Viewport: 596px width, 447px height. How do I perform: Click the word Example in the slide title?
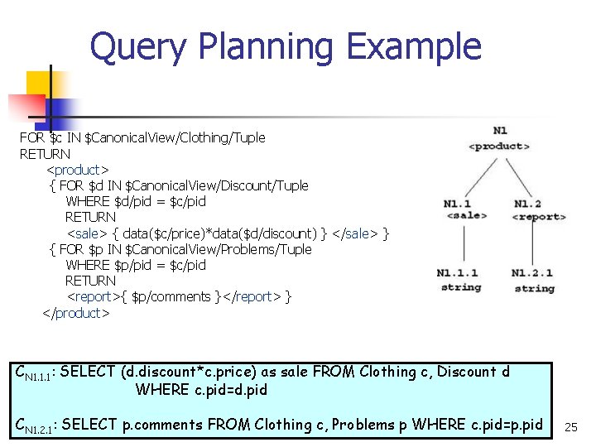point(414,47)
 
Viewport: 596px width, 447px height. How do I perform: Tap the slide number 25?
point(570,427)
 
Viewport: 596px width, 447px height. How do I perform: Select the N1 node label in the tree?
point(500,131)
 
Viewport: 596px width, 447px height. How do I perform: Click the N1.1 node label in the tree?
point(457,204)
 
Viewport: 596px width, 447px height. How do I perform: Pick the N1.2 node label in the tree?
point(527,204)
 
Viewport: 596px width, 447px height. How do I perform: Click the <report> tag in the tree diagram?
point(538,217)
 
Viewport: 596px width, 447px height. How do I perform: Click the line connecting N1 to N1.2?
point(518,175)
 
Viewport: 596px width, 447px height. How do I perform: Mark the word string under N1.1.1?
point(461,287)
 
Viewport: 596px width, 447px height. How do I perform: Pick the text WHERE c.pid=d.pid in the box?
point(201,389)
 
